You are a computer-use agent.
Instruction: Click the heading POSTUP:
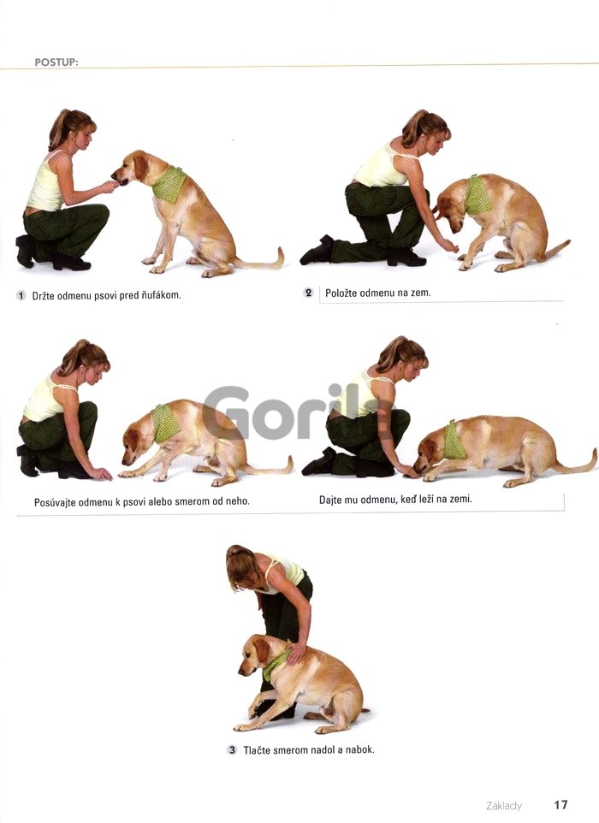pos(56,62)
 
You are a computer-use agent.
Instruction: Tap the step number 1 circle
pos(21,295)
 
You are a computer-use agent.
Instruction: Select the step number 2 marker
pos(309,293)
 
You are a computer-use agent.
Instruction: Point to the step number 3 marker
pos(232,750)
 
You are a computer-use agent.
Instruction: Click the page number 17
pos(560,805)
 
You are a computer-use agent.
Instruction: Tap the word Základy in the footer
pos(503,806)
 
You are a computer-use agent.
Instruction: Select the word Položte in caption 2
pos(341,293)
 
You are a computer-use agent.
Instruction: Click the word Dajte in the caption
pos(330,500)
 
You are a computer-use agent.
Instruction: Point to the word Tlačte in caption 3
pos(257,750)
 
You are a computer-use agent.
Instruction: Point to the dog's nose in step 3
pos(241,672)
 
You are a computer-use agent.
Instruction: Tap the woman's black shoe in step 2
pos(317,252)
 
